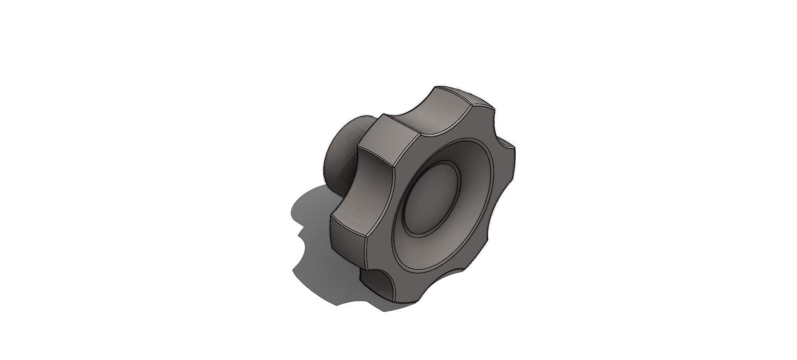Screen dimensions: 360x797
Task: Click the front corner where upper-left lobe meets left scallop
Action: click(x=393, y=168)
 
